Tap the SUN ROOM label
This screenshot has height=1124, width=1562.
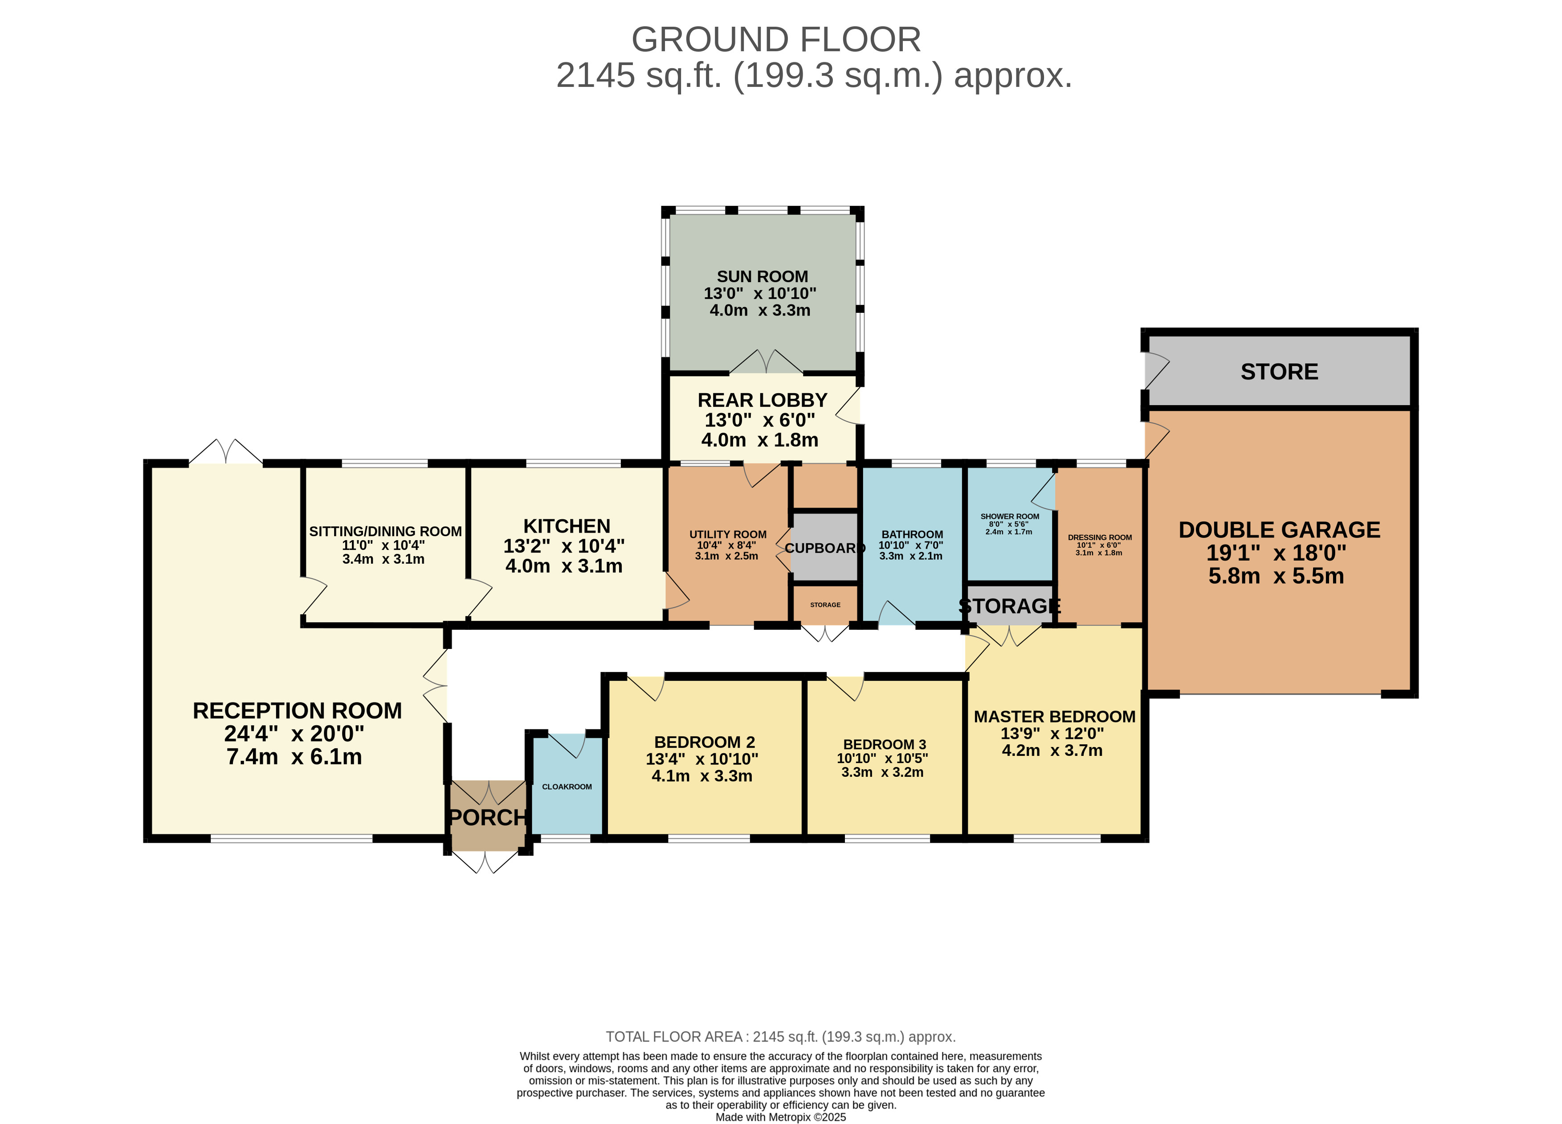tap(763, 276)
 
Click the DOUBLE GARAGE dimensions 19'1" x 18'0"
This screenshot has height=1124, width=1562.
tap(1276, 553)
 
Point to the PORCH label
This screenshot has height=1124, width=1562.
tap(488, 817)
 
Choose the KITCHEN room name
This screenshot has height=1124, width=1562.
tap(567, 526)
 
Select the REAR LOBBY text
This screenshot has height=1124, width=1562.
tap(763, 400)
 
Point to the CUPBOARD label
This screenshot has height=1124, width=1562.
tap(825, 548)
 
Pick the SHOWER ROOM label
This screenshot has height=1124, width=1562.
tap(1010, 516)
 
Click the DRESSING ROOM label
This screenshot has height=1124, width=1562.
tap(1100, 537)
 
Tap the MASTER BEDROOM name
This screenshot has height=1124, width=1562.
tap(1054, 716)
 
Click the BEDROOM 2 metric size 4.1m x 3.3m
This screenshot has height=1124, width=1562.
tap(702, 775)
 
